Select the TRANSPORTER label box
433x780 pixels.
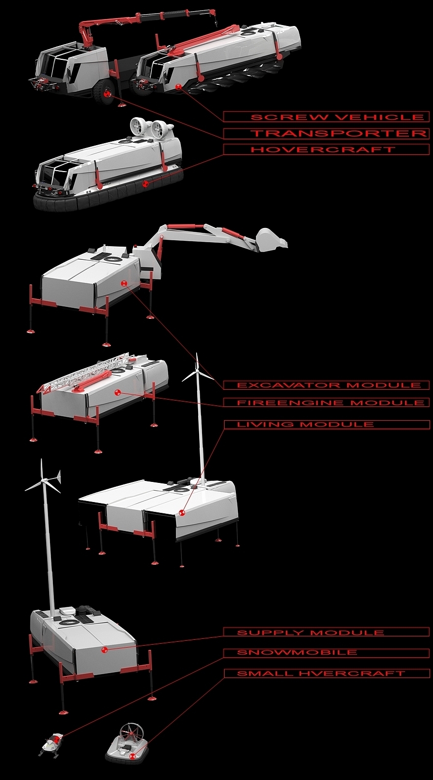point(326,134)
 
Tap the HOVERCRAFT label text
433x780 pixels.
point(323,150)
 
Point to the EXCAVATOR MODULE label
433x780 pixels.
point(329,385)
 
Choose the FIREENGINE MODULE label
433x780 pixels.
point(331,403)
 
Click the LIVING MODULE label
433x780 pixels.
point(305,425)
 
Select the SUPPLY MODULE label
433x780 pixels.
point(310,633)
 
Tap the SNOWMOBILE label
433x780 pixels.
point(297,653)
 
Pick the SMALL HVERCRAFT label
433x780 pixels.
point(321,674)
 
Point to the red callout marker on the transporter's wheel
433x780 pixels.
point(108,95)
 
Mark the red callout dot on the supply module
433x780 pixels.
point(104,650)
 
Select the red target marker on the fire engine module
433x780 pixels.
point(117,392)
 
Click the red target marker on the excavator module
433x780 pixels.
point(124,283)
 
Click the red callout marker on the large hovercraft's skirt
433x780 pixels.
point(146,184)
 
